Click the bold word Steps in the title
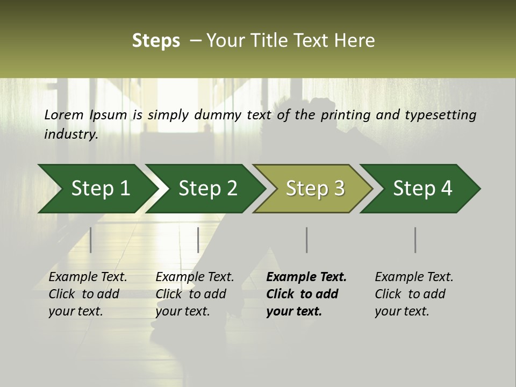(x=156, y=40)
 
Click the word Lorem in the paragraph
(x=64, y=115)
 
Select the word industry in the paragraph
(x=70, y=134)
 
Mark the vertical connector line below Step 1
(x=91, y=240)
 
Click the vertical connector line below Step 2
(x=198, y=240)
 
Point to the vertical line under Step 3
(x=306, y=240)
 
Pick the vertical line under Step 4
(x=415, y=240)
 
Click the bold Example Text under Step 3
(x=306, y=277)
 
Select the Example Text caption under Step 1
(x=88, y=277)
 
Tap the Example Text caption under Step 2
(x=195, y=277)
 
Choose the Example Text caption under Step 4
(x=414, y=277)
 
